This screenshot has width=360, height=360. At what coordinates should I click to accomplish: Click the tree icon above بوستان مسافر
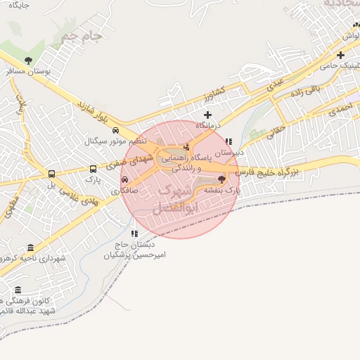[x=28, y=60]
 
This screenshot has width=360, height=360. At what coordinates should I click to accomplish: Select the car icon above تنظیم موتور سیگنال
[x=115, y=130]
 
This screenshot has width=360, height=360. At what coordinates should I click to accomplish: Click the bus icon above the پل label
[x=51, y=174]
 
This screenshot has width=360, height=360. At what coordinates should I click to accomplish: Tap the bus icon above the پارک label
[x=94, y=169]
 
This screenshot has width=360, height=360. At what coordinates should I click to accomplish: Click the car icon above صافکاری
[x=125, y=179]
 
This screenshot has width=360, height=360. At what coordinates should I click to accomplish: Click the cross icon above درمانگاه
[x=207, y=115]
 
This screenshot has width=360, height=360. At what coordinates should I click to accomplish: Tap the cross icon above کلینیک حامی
[x=341, y=55]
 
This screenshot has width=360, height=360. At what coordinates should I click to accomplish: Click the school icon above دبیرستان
[x=229, y=141]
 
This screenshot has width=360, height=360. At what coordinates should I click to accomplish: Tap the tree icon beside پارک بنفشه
[x=222, y=180]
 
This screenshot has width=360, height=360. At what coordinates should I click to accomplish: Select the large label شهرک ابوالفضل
[x=175, y=199]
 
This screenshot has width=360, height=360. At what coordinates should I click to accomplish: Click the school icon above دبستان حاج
[x=134, y=233]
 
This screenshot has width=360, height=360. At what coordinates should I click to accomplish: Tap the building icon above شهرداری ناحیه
[x=30, y=247]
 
